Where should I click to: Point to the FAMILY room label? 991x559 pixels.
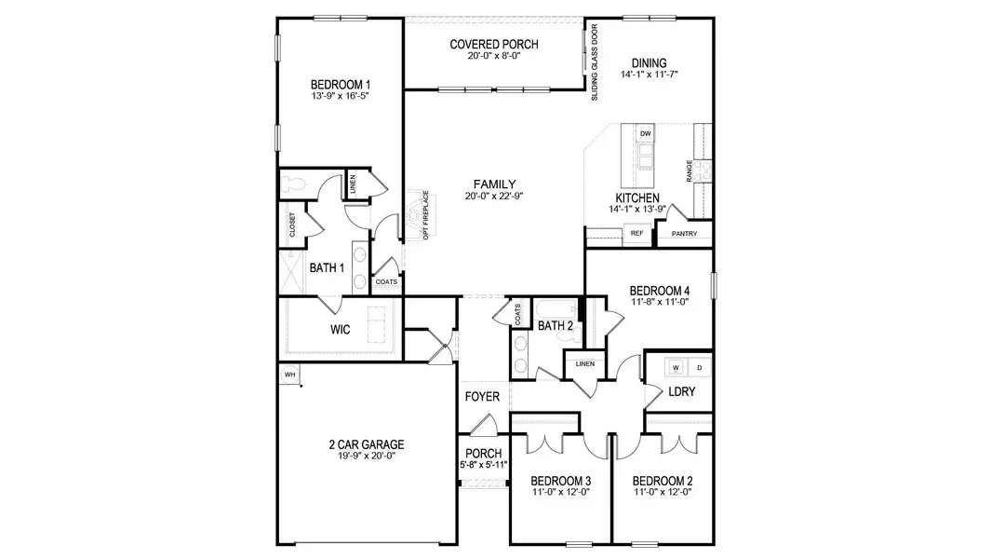[x=494, y=184]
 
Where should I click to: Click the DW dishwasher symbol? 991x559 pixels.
[x=646, y=134]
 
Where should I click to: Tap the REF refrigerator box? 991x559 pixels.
[x=637, y=233]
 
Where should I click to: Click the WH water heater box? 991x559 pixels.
[x=289, y=375]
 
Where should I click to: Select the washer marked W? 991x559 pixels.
[x=676, y=366]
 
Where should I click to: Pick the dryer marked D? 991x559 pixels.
[x=700, y=366]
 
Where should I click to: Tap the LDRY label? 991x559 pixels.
[x=681, y=391]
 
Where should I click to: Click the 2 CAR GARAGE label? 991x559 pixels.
[x=366, y=444]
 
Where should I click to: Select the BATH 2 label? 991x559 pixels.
[x=556, y=325]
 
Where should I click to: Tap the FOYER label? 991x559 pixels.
[x=483, y=397]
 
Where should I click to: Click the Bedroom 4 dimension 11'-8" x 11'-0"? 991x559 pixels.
[x=659, y=302]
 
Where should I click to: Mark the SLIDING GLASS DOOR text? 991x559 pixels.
[x=594, y=60]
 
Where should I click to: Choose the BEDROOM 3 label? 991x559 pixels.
[x=560, y=481]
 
